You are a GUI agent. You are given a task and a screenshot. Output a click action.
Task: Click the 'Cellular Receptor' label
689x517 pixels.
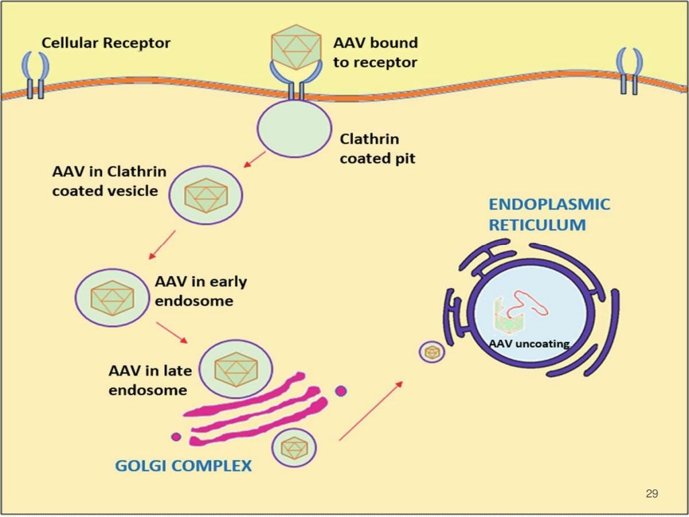(106, 44)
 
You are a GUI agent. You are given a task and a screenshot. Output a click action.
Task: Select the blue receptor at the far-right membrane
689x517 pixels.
(629, 71)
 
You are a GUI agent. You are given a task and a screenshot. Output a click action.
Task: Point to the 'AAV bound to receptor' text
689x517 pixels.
(375, 53)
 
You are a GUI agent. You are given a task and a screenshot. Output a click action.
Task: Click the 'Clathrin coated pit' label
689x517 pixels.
(369, 149)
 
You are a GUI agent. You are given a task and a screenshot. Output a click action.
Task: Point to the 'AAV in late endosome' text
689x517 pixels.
(149, 380)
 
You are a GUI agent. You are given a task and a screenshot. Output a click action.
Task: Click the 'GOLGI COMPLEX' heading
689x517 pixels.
(183, 465)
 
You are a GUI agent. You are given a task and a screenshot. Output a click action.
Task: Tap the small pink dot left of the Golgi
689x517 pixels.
(176, 437)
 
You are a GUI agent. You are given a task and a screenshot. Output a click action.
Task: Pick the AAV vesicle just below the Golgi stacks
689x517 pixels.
(294, 448)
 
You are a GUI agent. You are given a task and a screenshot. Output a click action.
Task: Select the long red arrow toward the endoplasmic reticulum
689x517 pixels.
(370, 411)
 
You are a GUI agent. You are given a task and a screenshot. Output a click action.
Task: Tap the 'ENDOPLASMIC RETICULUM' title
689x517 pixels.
(549, 215)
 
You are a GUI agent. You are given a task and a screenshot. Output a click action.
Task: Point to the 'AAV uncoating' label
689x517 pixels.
(529, 344)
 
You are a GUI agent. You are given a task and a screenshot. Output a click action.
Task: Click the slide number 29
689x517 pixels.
(651, 494)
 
